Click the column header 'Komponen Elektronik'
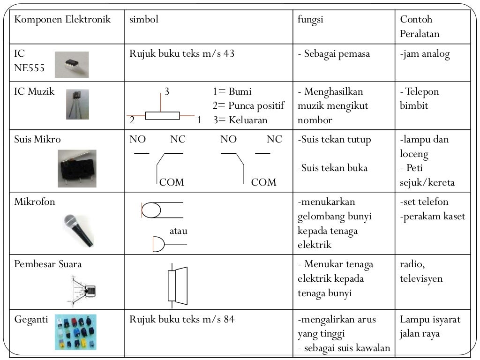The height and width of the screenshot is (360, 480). pyautogui.click(x=62, y=20)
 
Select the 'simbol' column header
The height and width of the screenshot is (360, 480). pyautogui.click(x=144, y=20)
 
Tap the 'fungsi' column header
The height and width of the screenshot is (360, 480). pyautogui.click(x=310, y=20)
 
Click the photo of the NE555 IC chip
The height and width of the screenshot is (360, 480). pyautogui.click(x=71, y=65)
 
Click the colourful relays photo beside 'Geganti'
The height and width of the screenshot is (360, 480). pyautogui.click(x=75, y=332)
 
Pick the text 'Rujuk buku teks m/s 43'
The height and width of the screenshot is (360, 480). pyautogui.click(x=182, y=53)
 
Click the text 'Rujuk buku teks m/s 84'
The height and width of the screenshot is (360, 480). pyautogui.click(x=182, y=320)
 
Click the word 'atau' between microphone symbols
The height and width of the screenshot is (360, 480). pyautogui.click(x=178, y=231)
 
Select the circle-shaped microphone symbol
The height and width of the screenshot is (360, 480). pyautogui.click(x=151, y=210)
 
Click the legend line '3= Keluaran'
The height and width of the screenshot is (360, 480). pyautogui.click(x=240, y=120)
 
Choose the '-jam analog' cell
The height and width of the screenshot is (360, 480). pyautogui.click(x=425, y=54)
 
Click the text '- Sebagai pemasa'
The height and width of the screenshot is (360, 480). pyautogui.click(x=334, y=54)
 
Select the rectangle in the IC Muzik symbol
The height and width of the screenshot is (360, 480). pyautogui.click(x=162, y=116)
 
